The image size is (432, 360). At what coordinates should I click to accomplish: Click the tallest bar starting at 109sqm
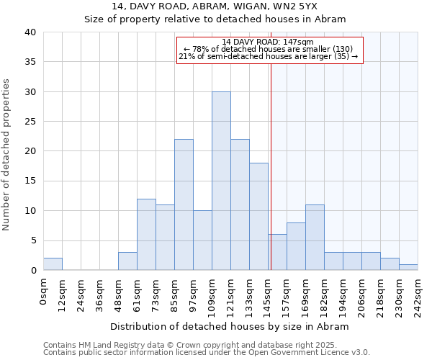[x=221, y=181]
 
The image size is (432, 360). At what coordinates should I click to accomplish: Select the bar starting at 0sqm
[x=53, y=264]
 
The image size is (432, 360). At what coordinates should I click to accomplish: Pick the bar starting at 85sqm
[x=184, y=204]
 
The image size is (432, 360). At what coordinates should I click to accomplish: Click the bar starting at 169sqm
[x=315, y=238]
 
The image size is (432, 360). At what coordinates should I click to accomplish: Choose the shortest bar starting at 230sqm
[x=408, y=267]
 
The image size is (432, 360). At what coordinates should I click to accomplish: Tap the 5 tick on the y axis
[x=32, y=240]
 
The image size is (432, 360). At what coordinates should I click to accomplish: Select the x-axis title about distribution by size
[x=230, y=326]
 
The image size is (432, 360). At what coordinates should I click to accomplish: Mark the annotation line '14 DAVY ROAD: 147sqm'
[x=268, y=42]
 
